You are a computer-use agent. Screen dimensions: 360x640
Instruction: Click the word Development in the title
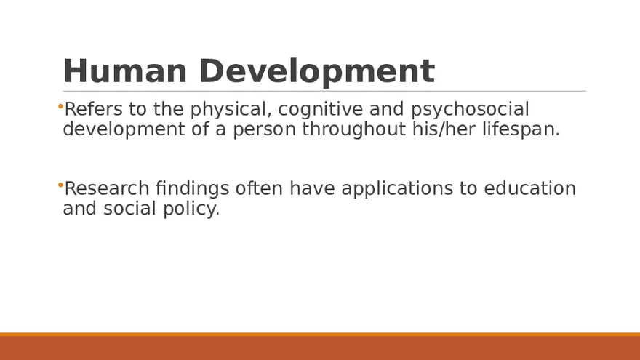click(x=316, y=71)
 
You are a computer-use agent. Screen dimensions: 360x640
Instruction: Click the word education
click(x=529, y=188)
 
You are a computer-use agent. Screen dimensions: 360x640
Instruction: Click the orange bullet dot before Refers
click(x=60, y=107)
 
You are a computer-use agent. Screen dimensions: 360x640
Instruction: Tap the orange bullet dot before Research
click(x=60, y=186)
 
